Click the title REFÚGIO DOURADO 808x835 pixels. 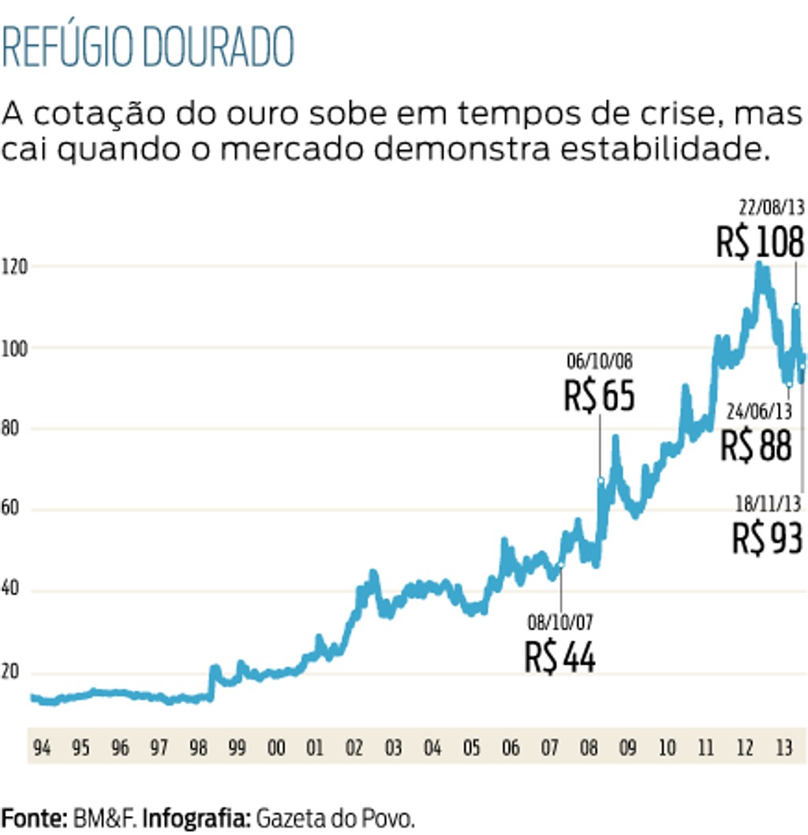[x=148, y=47]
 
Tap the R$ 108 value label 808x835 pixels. [x=760, y=241]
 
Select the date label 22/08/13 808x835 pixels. [x=771, y=208]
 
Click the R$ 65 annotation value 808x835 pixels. [x=599, y=396]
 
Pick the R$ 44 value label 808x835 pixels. [x=560, y=657]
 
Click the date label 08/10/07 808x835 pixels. [x=560, y=623]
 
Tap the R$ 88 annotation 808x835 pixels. [x=756, y=445]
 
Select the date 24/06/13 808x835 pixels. [x=759, y=412]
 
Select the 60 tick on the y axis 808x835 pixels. [x=12, y=510]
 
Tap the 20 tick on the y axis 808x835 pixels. [x=12, y=673]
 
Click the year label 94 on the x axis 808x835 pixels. [x=42, y=747]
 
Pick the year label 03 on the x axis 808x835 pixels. [x=393, y=747]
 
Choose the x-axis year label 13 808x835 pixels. [x=783, y=747]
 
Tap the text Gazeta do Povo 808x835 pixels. [x=335, y=818]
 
